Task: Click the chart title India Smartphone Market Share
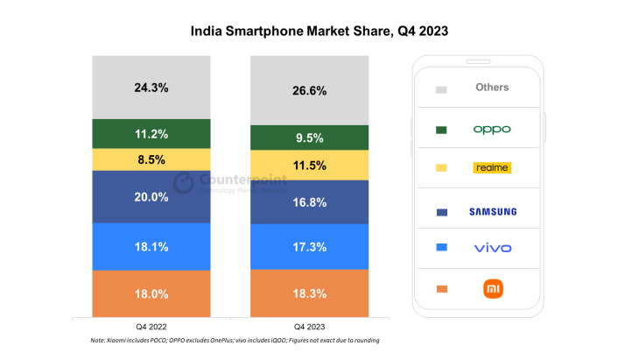(x=319, y=31)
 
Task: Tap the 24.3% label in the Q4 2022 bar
(x=151, y=88)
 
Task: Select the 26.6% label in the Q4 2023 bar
(x=310, y=91)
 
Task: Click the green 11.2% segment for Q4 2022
(x=151, y=134)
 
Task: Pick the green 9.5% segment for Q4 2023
(x=310, y=138)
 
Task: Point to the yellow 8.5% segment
(x=151, y=160)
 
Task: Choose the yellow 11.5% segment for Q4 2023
(x=310, y=166)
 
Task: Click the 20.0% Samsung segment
(x=151, y=197)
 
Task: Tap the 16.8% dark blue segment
(x=310, y=202)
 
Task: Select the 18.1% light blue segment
(x=151, y=247)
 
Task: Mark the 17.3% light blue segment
(x=310, y=248)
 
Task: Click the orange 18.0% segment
(x=151, y=293)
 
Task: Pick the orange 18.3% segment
(x=310, y=293)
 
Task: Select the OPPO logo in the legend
(x=491, y=129)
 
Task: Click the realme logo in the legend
(x=491, y=167)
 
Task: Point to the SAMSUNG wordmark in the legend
(x=491, y=211)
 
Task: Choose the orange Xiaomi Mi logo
(x=492, y=289)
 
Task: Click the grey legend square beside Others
(x=441, y=89)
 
